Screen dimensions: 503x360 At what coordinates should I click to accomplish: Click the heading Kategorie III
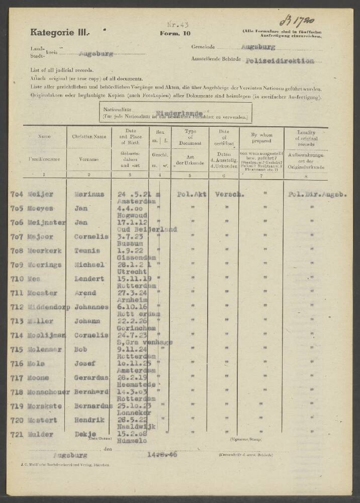pos(59,32)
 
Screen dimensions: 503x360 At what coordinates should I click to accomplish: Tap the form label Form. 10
pos(175,33)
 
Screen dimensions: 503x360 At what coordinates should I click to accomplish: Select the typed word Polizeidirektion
pos(280,61)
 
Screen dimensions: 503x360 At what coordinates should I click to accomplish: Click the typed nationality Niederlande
pos(179,113)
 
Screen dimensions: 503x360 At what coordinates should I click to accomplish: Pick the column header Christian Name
pos(89,136)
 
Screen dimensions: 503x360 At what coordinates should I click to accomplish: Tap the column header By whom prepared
pos(261,135)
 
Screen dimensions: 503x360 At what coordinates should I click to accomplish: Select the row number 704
pos(17,194)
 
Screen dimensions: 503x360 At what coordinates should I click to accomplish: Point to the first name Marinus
pos(90,194)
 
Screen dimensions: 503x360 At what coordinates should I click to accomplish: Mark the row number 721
pos(17,434)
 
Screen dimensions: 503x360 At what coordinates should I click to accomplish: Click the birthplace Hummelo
pos(132,441)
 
